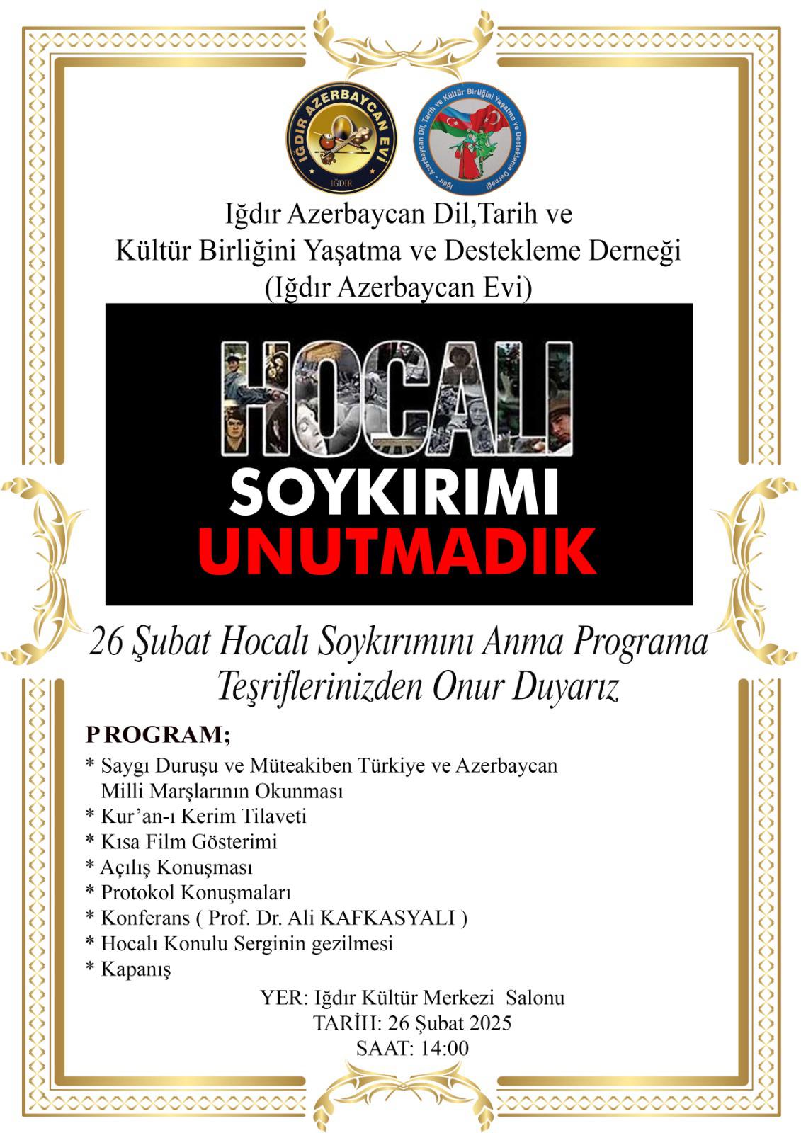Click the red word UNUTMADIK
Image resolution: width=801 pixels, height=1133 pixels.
[x=397, y=551]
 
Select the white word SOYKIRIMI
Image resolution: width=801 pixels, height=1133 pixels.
[x=394, y=493]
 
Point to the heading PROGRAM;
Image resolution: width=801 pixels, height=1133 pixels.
[x=158, y=735]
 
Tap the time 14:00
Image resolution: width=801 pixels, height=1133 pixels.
[x=441, y=1048]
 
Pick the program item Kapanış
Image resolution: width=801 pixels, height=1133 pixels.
[x=135, y=969]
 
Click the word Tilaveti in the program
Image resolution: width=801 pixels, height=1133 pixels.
[x=273, y=816]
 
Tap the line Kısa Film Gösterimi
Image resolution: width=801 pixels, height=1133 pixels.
[x=188, y=842]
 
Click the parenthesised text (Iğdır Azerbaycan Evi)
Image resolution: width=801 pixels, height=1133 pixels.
[x=398, y=287]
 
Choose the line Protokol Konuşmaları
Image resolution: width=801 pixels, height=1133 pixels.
[x=195, y=893]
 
